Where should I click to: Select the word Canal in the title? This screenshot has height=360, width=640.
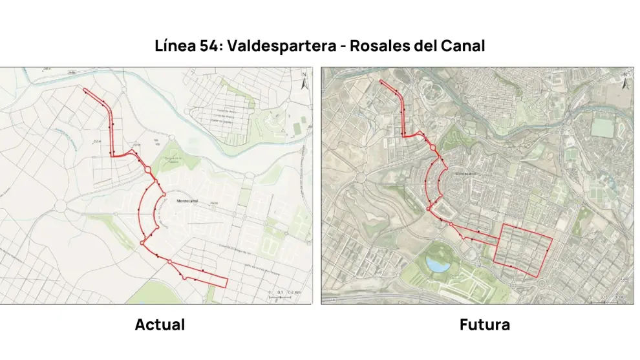tap(461, 47)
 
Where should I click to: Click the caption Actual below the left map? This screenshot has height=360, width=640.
tap(160, 324)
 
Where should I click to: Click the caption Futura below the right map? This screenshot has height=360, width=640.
tap(484, 324)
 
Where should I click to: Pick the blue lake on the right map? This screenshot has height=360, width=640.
tap(438, 264)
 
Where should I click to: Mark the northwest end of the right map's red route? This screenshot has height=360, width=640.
tap(381, 82)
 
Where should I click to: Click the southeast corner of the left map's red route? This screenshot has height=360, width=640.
tap(226, 286)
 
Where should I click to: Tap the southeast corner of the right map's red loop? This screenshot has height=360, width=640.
tap(539, 277)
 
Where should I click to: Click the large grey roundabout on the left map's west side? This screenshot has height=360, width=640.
tap(62, 206)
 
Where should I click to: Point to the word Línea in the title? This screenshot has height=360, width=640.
tap(175, 47)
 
